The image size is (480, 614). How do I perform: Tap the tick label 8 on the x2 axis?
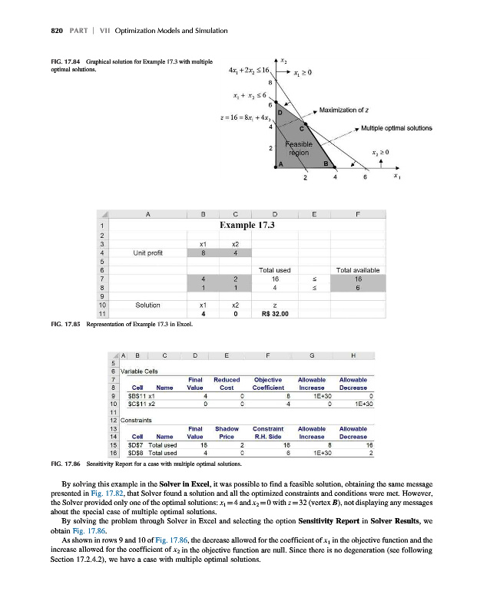[270, 83]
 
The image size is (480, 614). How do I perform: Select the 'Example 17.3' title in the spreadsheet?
[247, 203]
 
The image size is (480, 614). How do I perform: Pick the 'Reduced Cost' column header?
[227, 382]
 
